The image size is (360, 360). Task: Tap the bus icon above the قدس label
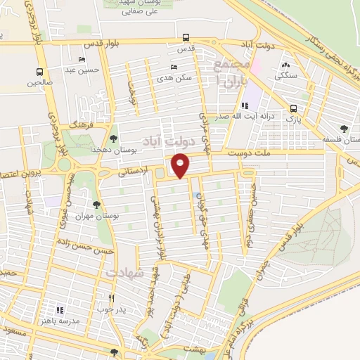pos(186,38)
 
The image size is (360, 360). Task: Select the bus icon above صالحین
pos(39,72)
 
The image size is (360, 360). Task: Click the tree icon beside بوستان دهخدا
pos(114,137)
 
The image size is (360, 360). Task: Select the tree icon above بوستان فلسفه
pos(343,129)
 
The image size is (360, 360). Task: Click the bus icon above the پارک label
pos(294,108)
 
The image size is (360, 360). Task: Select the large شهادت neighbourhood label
pos(125,271)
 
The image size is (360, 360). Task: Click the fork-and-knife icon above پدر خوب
pos(111,297)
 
